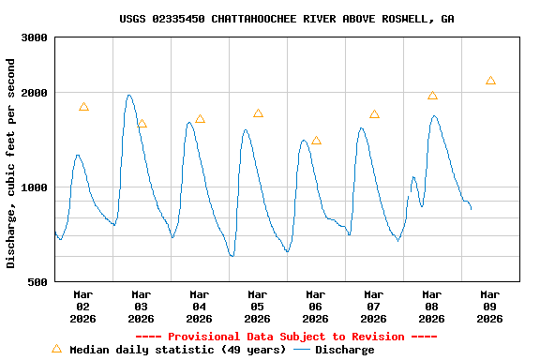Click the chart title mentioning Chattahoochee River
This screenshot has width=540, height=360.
[287, 19]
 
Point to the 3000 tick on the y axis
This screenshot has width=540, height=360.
[36, 37]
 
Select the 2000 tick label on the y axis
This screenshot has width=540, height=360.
[36, 93]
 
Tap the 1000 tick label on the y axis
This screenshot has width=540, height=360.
[36, 187]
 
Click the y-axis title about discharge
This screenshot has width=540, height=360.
[11, 163]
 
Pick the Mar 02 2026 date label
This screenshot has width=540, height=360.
[82, 307]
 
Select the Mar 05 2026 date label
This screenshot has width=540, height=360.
[257, 307]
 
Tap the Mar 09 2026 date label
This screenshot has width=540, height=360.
[489, 307]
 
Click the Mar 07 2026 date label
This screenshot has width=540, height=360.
[373, 307]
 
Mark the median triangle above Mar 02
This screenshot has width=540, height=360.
[83, 107]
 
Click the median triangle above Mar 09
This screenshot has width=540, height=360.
[490, 81]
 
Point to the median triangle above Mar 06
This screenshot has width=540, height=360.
[316, 141]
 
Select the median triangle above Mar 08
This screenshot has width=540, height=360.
[432, 96]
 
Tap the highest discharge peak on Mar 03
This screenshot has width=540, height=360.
[129, 95]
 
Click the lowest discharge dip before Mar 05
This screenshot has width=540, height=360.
[232, 255]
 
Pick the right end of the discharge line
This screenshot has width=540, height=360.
[471, 208]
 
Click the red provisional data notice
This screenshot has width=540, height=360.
[286, 337]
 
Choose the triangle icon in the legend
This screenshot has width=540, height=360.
[56, 349]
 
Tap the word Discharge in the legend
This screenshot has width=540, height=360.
[344, 350]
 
